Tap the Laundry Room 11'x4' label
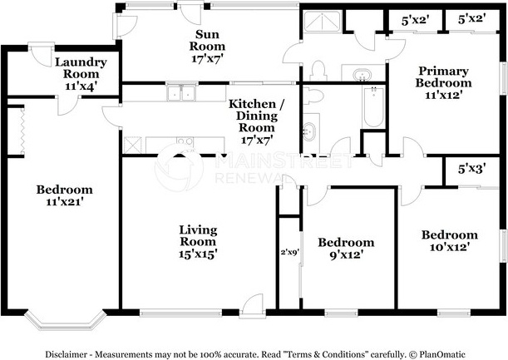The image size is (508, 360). (81, 74)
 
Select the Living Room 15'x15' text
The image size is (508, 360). (198, 242)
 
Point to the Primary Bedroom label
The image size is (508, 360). (443, 76)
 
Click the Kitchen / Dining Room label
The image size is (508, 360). (257, 116)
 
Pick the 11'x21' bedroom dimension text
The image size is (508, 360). (65, 202)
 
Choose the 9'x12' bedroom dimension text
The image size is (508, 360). (346, 255)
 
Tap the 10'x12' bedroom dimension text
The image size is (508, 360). (450, 247)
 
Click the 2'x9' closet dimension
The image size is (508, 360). (289, 252)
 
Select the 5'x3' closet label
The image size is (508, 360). (471, 169)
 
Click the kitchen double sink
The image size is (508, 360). (180, 93)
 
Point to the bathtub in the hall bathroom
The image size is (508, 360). (373, 107)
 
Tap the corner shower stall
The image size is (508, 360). (322, 22)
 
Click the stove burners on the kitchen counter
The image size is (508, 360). (185, 141)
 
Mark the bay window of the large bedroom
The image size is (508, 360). (66, 320)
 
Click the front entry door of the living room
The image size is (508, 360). (253, 305)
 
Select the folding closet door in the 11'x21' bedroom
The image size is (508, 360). (22, 131)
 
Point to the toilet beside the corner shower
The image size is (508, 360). (318, 71)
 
